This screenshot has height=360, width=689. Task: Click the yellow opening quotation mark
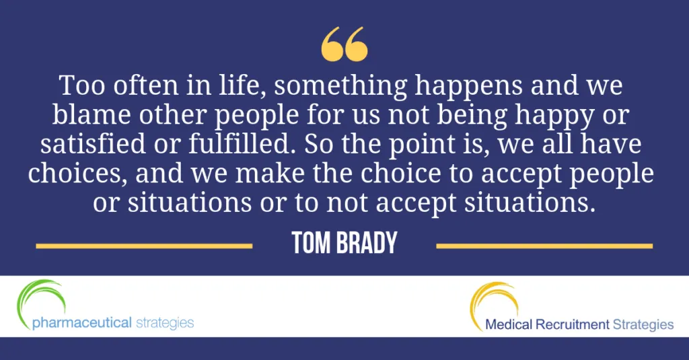[x=344, y=44]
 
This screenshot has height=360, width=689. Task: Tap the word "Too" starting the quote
[x=82, y=85]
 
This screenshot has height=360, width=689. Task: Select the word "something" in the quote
[x=340, y=87]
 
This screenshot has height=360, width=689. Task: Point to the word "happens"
[x=468, y=87]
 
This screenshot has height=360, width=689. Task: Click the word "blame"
[x=92, y=114]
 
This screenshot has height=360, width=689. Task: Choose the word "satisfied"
[x=93, y=144]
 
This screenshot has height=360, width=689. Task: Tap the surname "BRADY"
[x=367, y=243]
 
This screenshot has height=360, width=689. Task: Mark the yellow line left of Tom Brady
[x=144, y=246]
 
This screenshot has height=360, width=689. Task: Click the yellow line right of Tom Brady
[x=544, y=246]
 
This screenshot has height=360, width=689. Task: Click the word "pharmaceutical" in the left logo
[x=81, y=323]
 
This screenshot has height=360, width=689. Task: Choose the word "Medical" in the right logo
[x=509, y=325]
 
